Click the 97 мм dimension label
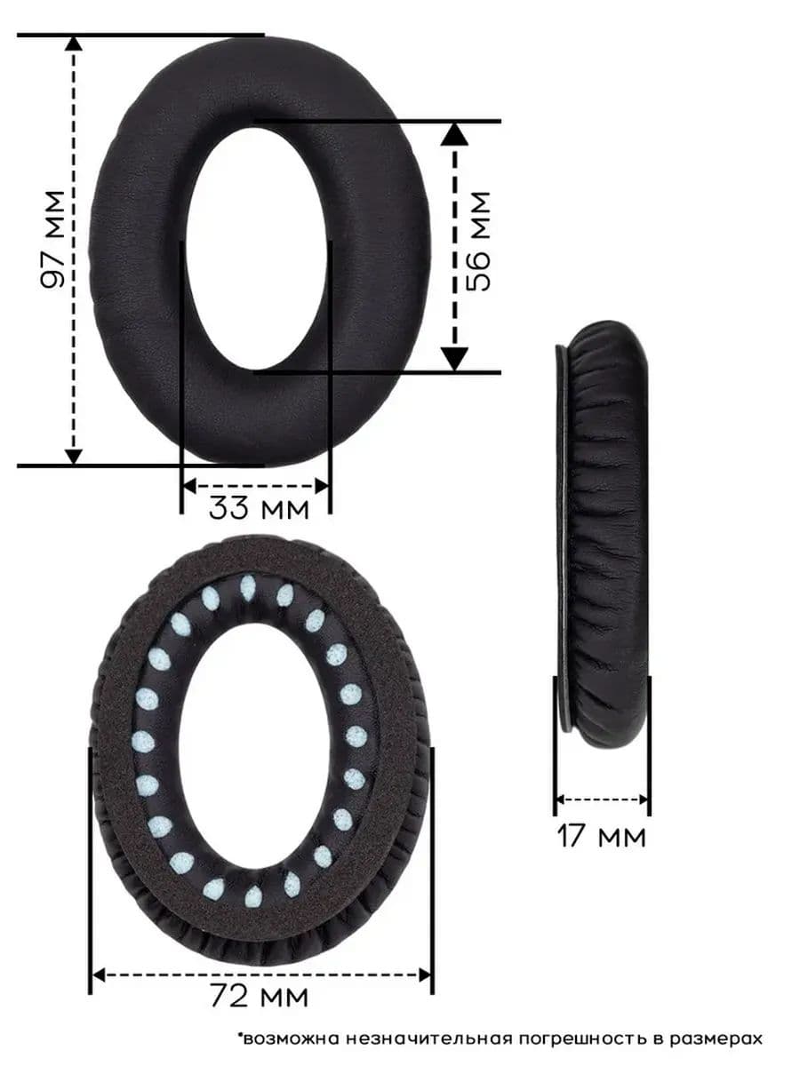click(52, 240)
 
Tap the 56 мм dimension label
click(478, 242)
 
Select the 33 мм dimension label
click(259, 507)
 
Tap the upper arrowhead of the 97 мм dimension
click(74, 44)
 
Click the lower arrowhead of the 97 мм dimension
click(74, 457)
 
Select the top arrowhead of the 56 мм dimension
click(454, 134)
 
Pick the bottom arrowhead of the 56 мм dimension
click(454, 360)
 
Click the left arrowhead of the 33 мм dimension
click(189, 486)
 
